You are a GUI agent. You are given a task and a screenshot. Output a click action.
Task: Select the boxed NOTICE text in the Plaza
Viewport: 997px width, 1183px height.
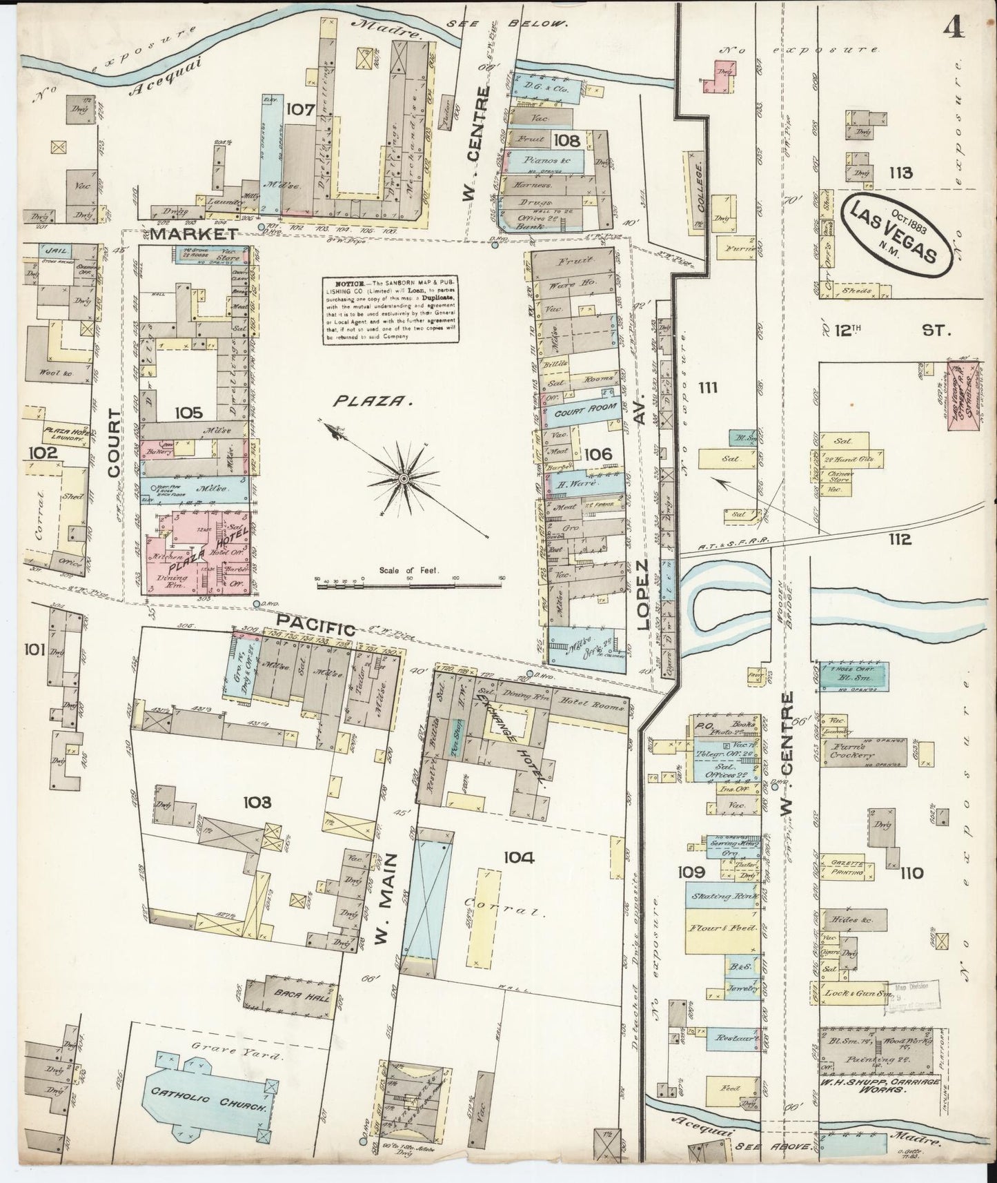tap(390, 311)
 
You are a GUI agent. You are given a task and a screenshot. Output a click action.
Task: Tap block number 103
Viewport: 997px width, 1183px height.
tap(256, 802)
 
